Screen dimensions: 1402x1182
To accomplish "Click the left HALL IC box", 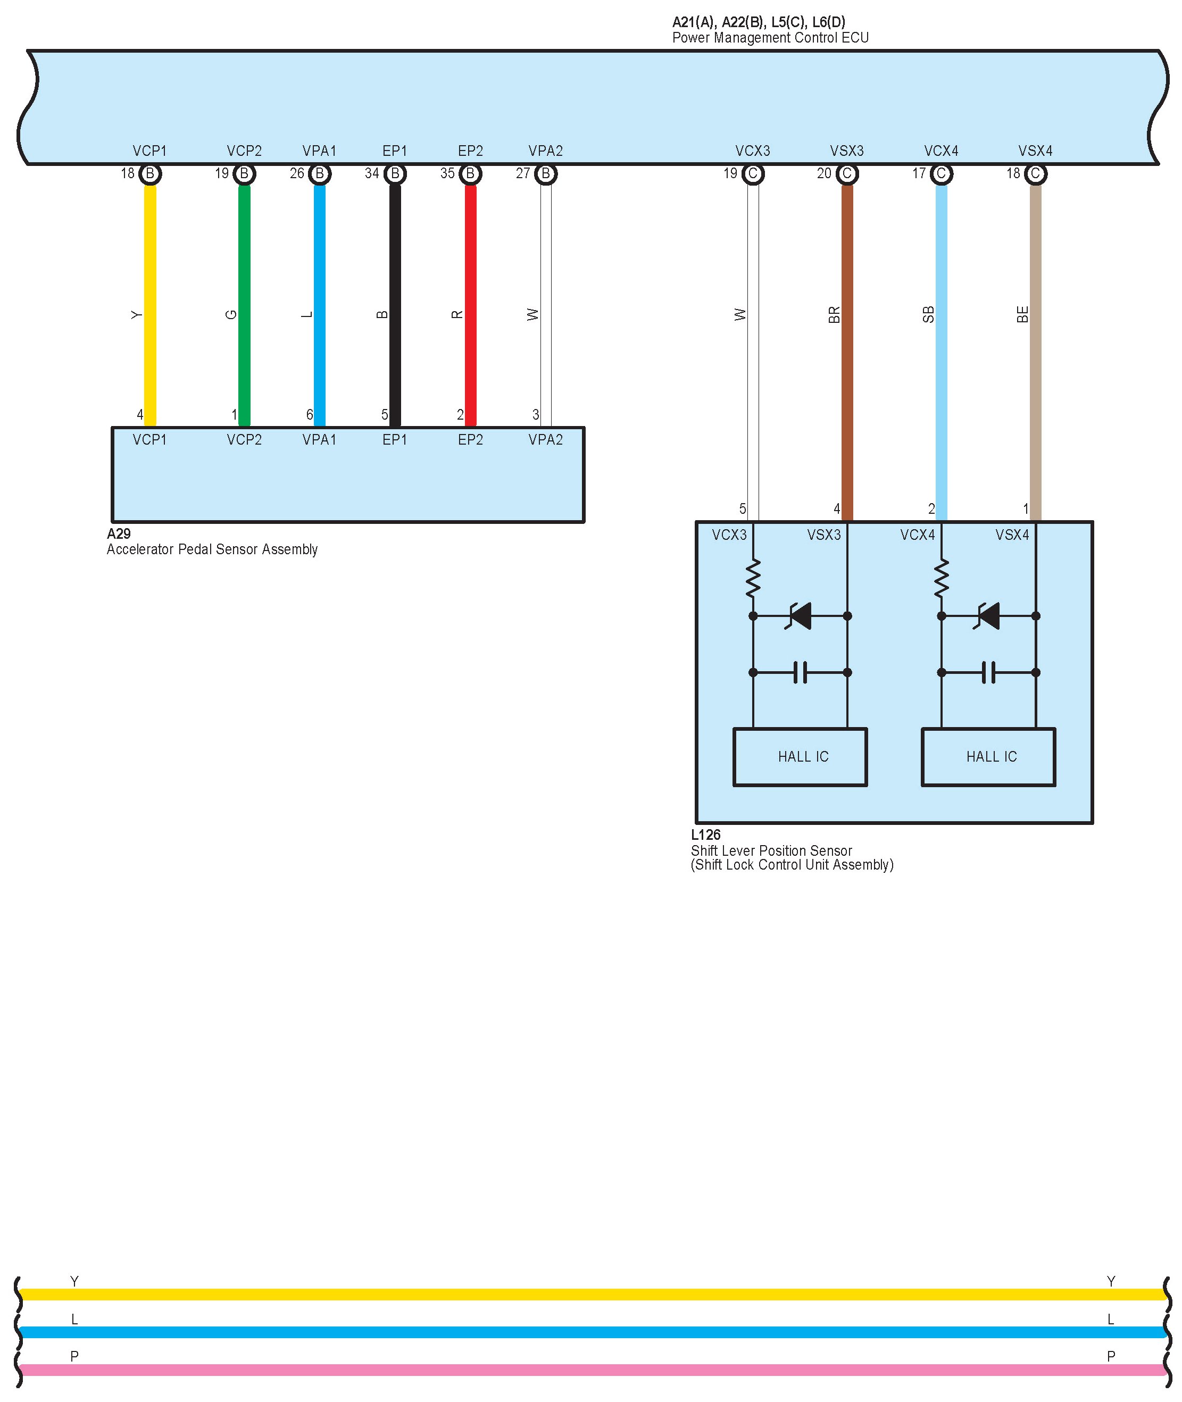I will (800, 757).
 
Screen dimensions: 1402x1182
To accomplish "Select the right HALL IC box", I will (988, 757).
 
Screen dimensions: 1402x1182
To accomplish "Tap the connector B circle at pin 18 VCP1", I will (150, 174).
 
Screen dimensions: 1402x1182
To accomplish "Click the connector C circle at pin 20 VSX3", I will (847, 174).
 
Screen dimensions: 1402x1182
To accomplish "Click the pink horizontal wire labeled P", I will (589, 1370).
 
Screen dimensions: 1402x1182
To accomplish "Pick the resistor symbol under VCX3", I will (753, 579).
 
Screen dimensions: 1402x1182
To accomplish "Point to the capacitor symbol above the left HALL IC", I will (800, 672).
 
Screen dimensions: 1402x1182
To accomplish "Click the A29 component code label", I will (119, 534).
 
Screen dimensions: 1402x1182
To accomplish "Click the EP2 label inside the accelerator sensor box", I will (470, 440).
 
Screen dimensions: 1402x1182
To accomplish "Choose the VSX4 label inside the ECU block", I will (1035, 152).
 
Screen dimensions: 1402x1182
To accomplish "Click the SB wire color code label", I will (929, 314).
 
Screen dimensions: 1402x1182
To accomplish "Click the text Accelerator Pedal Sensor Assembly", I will (212, 549).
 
